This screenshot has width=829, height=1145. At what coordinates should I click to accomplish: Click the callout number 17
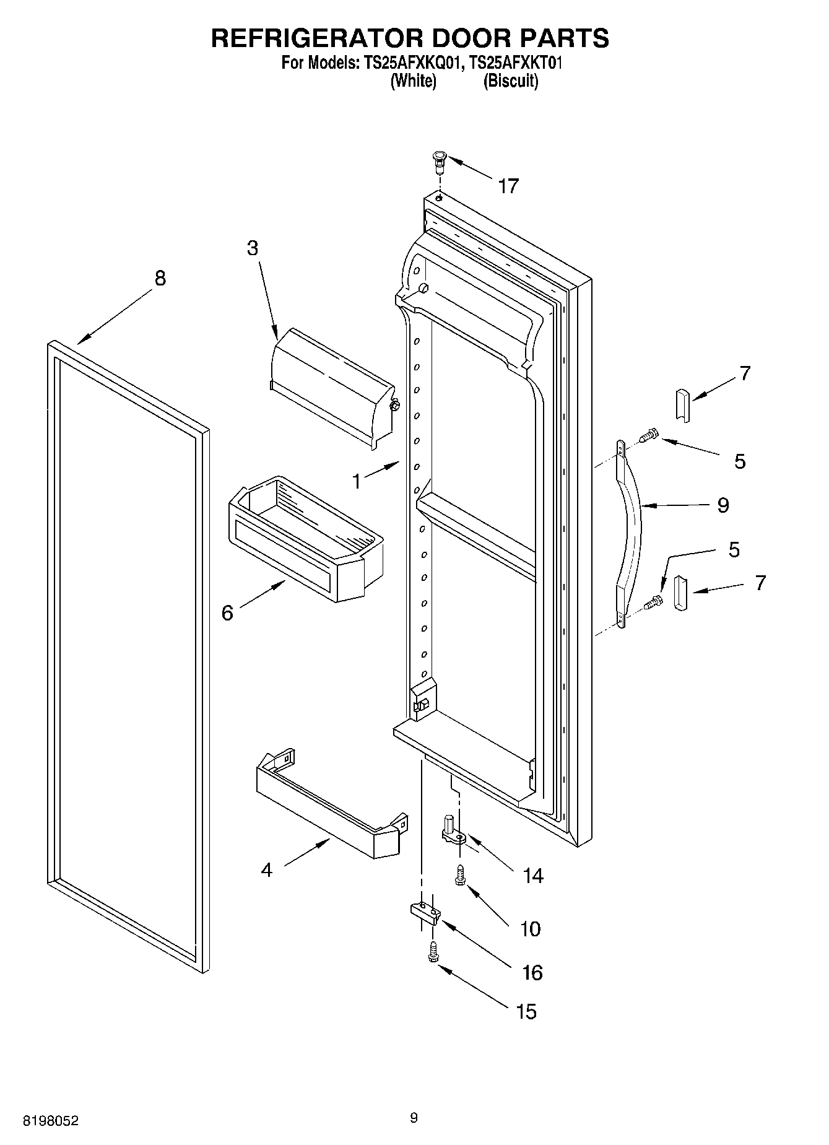pos(508,186)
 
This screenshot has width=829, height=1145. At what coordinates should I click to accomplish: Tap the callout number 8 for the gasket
pos(160,278)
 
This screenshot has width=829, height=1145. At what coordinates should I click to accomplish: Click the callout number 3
pos(253,248)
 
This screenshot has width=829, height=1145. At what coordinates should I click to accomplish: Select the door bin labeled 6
pos(306,539)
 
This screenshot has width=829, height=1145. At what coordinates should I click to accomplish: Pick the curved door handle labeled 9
pos(632,533)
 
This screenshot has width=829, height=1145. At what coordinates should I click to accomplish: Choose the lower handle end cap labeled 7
pos(681,593)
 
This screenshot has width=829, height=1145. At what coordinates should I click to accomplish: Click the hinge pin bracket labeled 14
pos(453,830)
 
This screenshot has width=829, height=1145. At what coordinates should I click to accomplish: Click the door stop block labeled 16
pos(425,912)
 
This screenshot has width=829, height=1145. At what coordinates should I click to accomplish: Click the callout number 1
pos(357,481)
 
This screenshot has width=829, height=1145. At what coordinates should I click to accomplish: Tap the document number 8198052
pos(51,1120)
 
